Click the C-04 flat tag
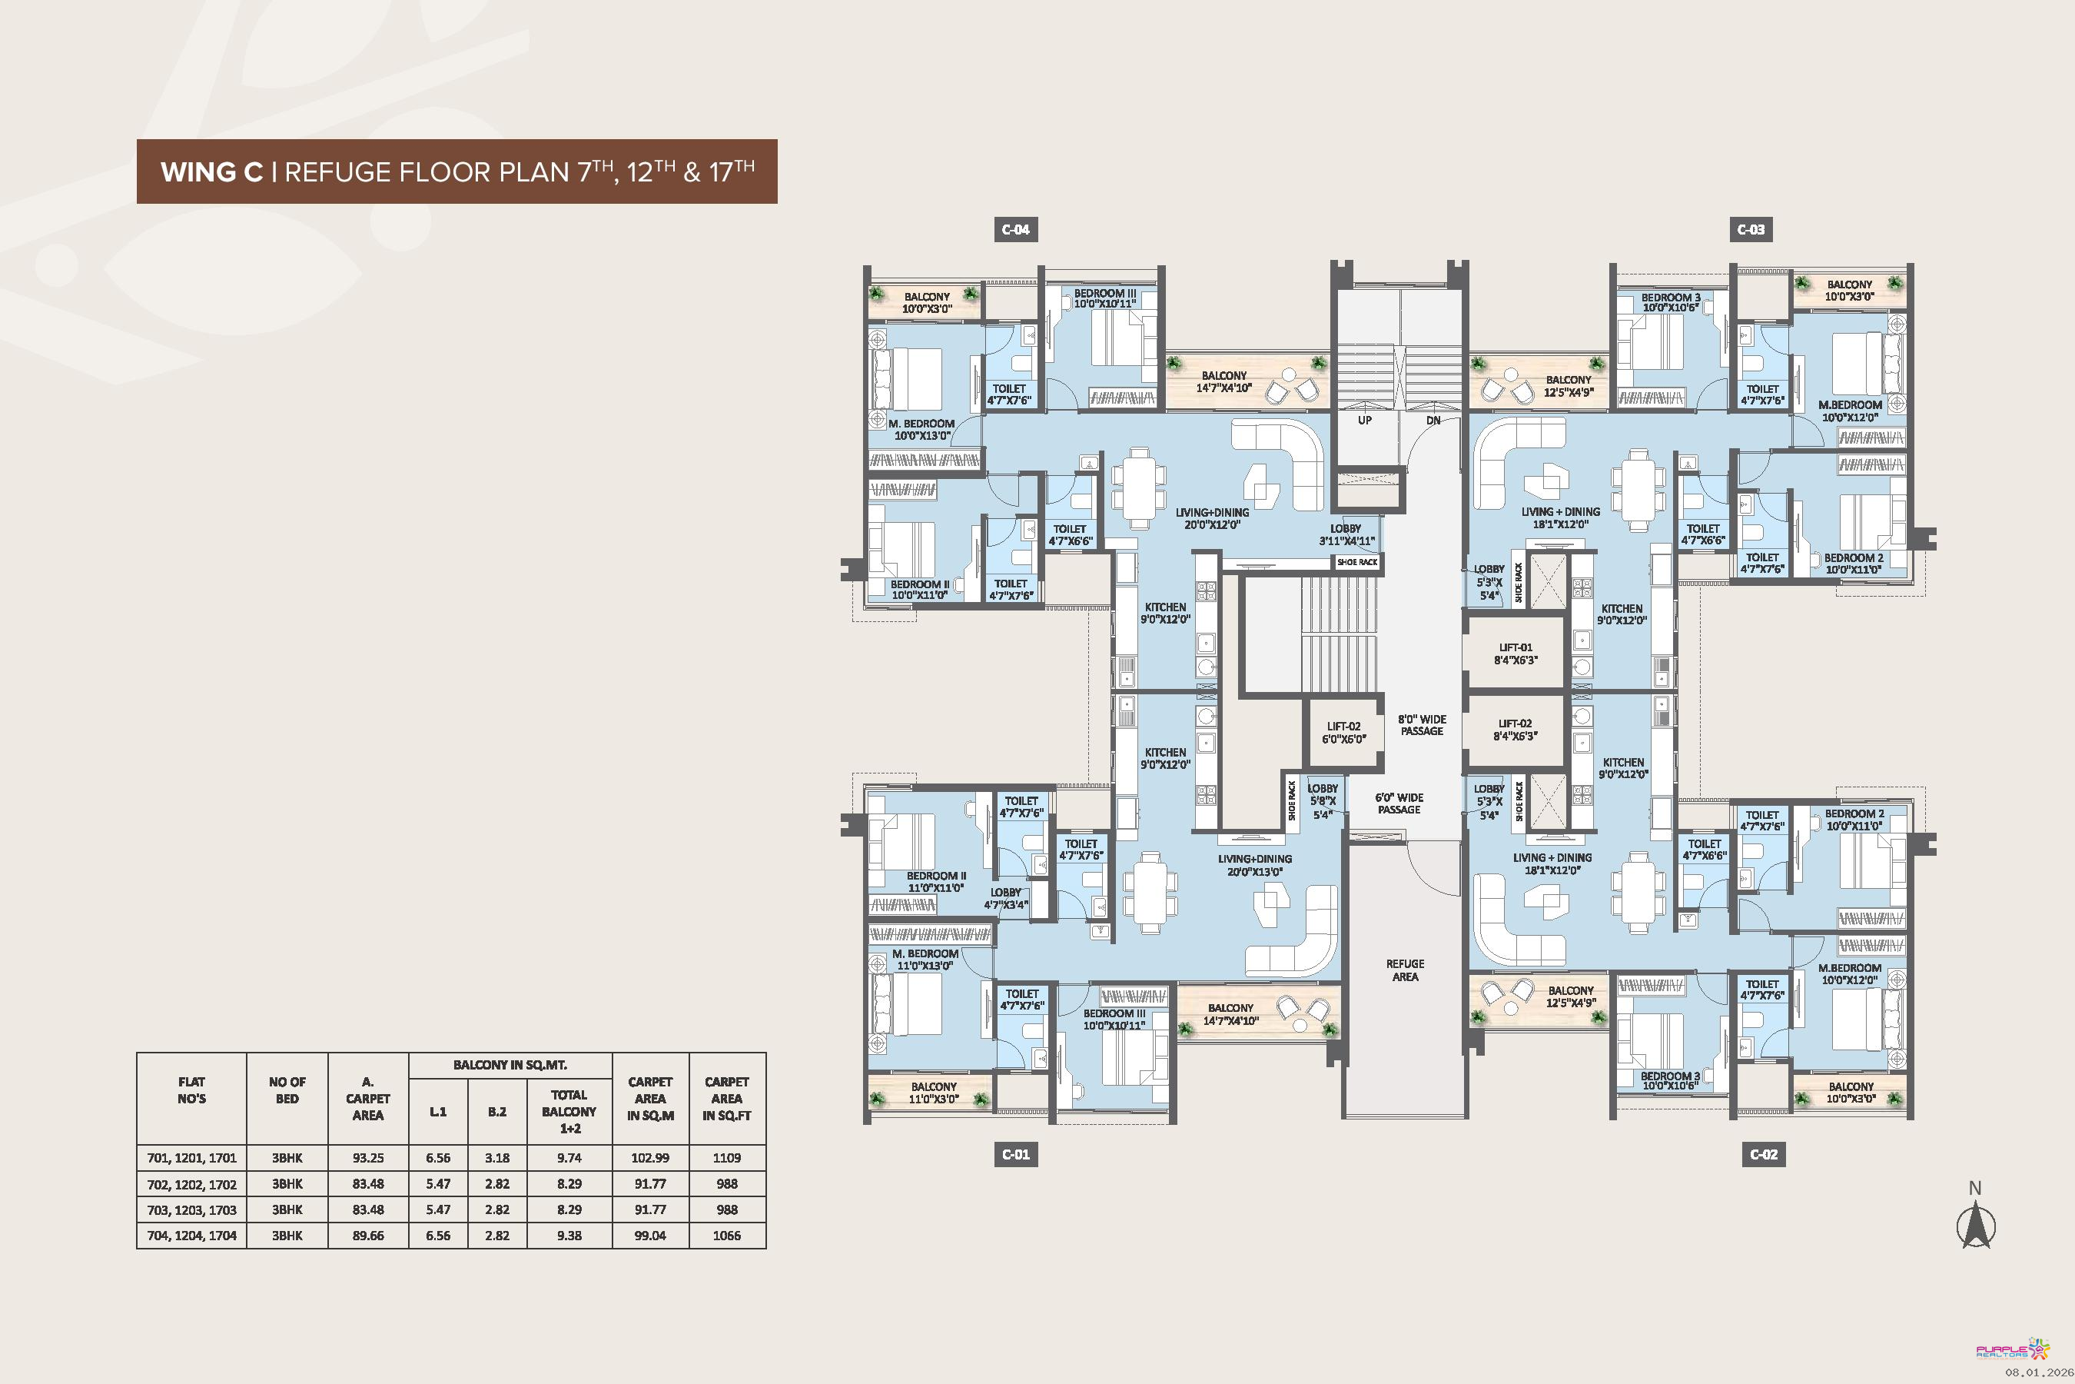pos(1015,229)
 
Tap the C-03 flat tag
pos(1751,229)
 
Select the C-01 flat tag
pos(1015,1153)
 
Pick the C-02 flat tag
pos(1765,1153)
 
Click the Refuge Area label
pos(1406,970)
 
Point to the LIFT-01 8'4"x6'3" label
pos(1516,653)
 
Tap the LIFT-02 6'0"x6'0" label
pos(1343,733)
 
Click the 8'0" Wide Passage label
pos(1423,724)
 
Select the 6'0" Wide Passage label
pos(1399,803)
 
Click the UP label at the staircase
pos(1365,420)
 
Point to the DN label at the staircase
pos(1433,420)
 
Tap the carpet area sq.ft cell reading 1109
pos(727,1157)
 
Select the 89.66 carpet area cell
pos(368,1235)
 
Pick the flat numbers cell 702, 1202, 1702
pos(191,1183)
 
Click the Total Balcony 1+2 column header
pos(569,1111)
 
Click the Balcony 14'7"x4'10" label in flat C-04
pos(1224,381)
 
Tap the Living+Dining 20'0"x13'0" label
pos(1254,865)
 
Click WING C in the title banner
pos(212,171)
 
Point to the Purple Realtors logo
pos(2012,1349)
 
